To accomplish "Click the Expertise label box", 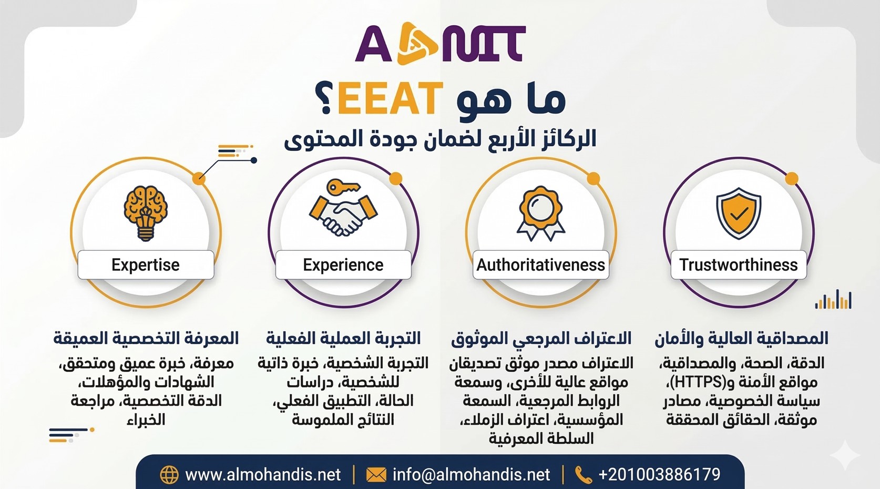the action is point(146,264).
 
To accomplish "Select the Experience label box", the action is point(343,264).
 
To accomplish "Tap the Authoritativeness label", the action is point(541,264).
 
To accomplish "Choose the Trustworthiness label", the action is point(739,264).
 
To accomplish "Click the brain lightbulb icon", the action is point(146,212).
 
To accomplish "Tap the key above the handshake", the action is point(343,187).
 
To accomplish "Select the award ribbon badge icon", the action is point(541,213).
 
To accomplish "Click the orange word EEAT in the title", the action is point(390,98).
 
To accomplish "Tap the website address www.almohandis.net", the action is point(263,475).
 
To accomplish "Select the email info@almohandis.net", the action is point(471,475).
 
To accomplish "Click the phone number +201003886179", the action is point(659,474).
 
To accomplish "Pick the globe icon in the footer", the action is point(169,475).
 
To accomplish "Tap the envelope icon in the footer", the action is point(376,475).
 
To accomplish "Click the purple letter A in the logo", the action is point(374,44).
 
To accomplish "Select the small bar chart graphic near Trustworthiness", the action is point(833,299).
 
